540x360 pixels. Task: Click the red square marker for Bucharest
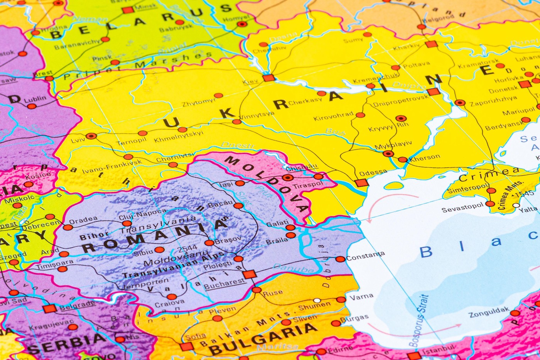249,274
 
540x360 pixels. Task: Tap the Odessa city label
373,172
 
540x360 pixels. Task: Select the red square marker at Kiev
268,78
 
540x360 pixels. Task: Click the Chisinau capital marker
287,177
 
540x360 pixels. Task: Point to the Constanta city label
365,256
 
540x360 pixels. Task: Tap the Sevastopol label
462,208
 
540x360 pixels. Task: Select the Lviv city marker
91,136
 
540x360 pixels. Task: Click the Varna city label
361,297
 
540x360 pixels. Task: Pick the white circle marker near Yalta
516,205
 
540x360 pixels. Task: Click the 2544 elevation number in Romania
187,248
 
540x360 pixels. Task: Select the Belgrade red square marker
49,308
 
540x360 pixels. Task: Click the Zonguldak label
489,313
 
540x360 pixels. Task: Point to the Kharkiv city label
406,47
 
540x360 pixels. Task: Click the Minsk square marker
128,10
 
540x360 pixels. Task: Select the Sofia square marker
187,346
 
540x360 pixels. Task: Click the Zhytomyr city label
199,102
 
